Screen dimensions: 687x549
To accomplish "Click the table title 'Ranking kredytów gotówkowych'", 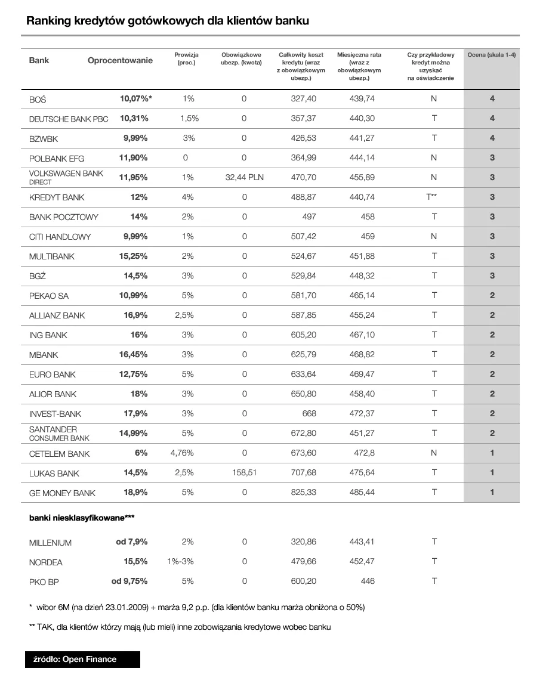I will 168,21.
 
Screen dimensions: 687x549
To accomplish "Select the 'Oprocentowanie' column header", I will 120,60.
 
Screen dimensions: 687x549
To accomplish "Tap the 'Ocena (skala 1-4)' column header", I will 492,55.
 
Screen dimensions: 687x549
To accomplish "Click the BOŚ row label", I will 38,100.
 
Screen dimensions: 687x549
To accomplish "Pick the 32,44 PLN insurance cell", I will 244,178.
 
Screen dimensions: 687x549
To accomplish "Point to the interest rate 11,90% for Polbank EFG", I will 134,158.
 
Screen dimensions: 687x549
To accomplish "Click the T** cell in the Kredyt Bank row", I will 433,197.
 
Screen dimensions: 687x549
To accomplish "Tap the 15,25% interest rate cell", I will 134,256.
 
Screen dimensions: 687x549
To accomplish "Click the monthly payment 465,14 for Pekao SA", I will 362,296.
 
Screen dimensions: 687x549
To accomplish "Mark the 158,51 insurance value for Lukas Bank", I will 244,473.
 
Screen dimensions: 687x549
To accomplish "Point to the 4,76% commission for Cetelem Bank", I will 182,453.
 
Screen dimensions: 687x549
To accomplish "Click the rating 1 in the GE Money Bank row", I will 492,493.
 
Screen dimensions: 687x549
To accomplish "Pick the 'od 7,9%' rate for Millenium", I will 132,542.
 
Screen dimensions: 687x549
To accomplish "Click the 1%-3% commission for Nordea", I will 181,562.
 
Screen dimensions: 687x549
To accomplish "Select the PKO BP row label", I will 44,582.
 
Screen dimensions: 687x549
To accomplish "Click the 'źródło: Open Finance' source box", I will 82,659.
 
